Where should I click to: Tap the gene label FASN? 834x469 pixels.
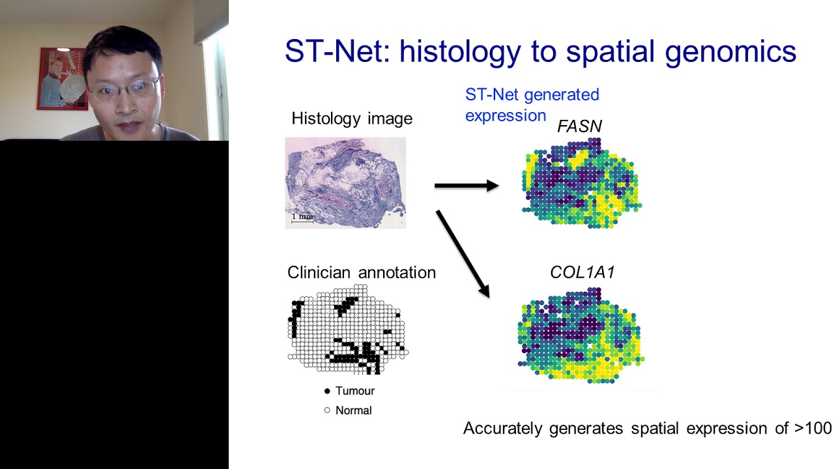click(579, 126)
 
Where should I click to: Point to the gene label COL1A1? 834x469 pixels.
click(582, 272)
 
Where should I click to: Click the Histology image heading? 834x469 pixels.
click(352, 119)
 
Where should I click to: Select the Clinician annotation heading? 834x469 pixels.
click(361, 272)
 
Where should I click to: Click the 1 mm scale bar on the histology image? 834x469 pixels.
click(302, 219)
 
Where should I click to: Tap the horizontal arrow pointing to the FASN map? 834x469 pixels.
click(466, 186)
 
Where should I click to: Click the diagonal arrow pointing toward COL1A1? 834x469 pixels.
click(463, 253)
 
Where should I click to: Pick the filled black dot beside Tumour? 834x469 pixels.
click(327, 391)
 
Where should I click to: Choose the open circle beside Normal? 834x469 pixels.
click(327, 410)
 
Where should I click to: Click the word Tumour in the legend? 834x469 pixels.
click(354, 391)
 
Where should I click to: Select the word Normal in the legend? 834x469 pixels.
click(353, 410)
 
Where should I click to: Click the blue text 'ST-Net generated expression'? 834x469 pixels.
click(531, 104)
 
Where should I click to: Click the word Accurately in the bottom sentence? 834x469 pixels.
click(503, 429)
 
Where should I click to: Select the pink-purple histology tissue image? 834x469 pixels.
click(345, 182)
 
